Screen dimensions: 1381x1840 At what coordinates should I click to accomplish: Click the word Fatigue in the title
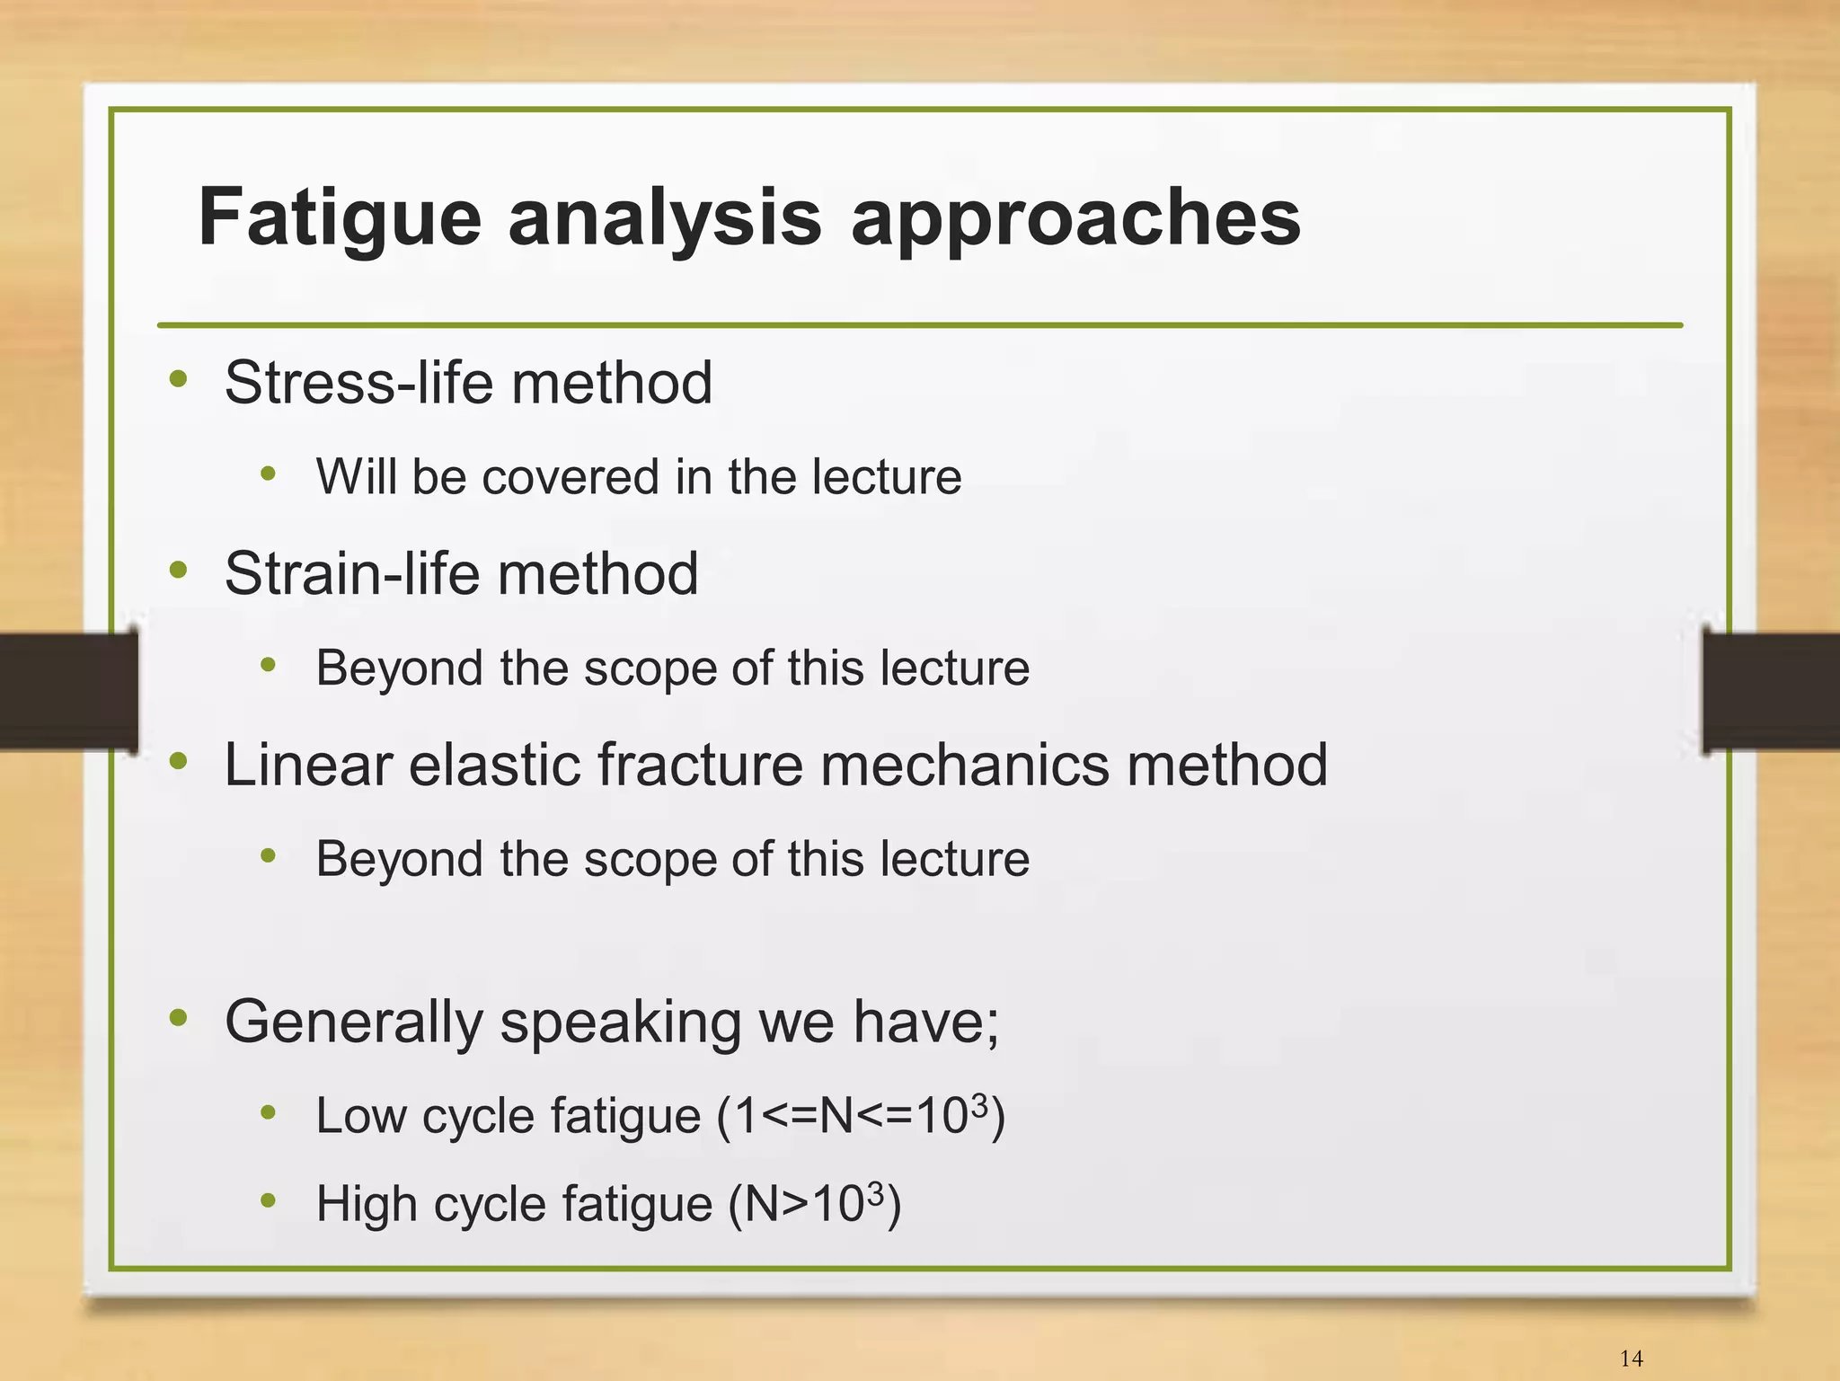click(340, 218)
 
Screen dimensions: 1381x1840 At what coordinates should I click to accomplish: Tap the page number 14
click(1631, 1358)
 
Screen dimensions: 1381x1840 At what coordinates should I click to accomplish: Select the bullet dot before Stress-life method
click(178, 378)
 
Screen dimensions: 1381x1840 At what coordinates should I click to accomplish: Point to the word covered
click(570, 476)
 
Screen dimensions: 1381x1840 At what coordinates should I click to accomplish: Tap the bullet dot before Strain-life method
click(178, 570)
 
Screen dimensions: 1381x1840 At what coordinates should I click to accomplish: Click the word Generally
click(352, 1022)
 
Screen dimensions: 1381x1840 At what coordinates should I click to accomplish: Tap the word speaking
click(620, 1022)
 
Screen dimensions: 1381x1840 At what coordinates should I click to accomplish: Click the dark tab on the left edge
click(67, 691)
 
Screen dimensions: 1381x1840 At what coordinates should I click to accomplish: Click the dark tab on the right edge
click(1770, 691)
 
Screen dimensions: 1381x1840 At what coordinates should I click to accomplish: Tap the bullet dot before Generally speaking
click(178, 1018)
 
